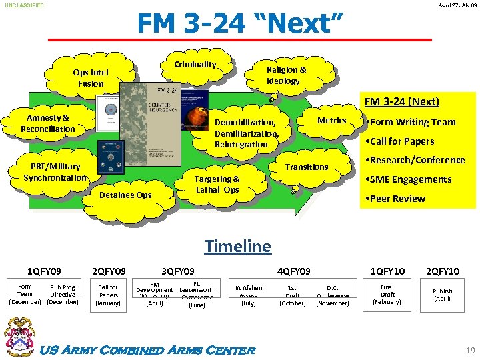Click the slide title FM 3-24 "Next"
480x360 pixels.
click(239, 24)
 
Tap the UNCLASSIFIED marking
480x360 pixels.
click(25, 5)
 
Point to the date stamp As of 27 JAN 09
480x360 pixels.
click(458, 5)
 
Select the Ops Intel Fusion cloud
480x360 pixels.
click(91, 78)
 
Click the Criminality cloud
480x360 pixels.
click(195, 65)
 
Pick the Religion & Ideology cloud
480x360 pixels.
click(286, 75)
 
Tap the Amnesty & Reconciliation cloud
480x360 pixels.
click(48, 123)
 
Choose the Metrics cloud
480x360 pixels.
click(331, 121)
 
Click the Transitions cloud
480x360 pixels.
click(307, 167)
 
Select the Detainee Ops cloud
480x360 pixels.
click(125, 195)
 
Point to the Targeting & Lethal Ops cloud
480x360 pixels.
click(217, 184)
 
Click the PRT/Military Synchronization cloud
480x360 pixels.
click(55, 172)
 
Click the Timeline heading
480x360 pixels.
click(238, 246)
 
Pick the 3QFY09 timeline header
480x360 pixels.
click(178, 271)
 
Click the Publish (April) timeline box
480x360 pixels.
click(442, 295)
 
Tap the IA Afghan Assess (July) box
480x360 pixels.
click(248, 295)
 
